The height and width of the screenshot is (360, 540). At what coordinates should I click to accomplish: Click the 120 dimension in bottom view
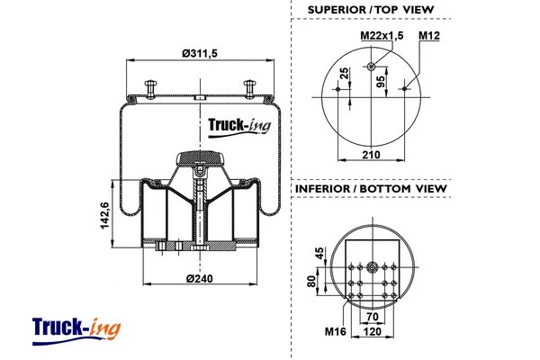[x=372, y=331]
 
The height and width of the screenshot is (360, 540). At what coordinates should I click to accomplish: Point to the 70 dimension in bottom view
[x=372, y=318]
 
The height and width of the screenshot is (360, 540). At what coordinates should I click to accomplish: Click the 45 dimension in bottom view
[x=318, y=254]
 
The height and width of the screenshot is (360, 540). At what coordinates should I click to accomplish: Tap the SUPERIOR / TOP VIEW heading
[x=370, y=9]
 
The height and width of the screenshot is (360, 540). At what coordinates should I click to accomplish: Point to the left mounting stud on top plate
[x=149, y=87]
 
